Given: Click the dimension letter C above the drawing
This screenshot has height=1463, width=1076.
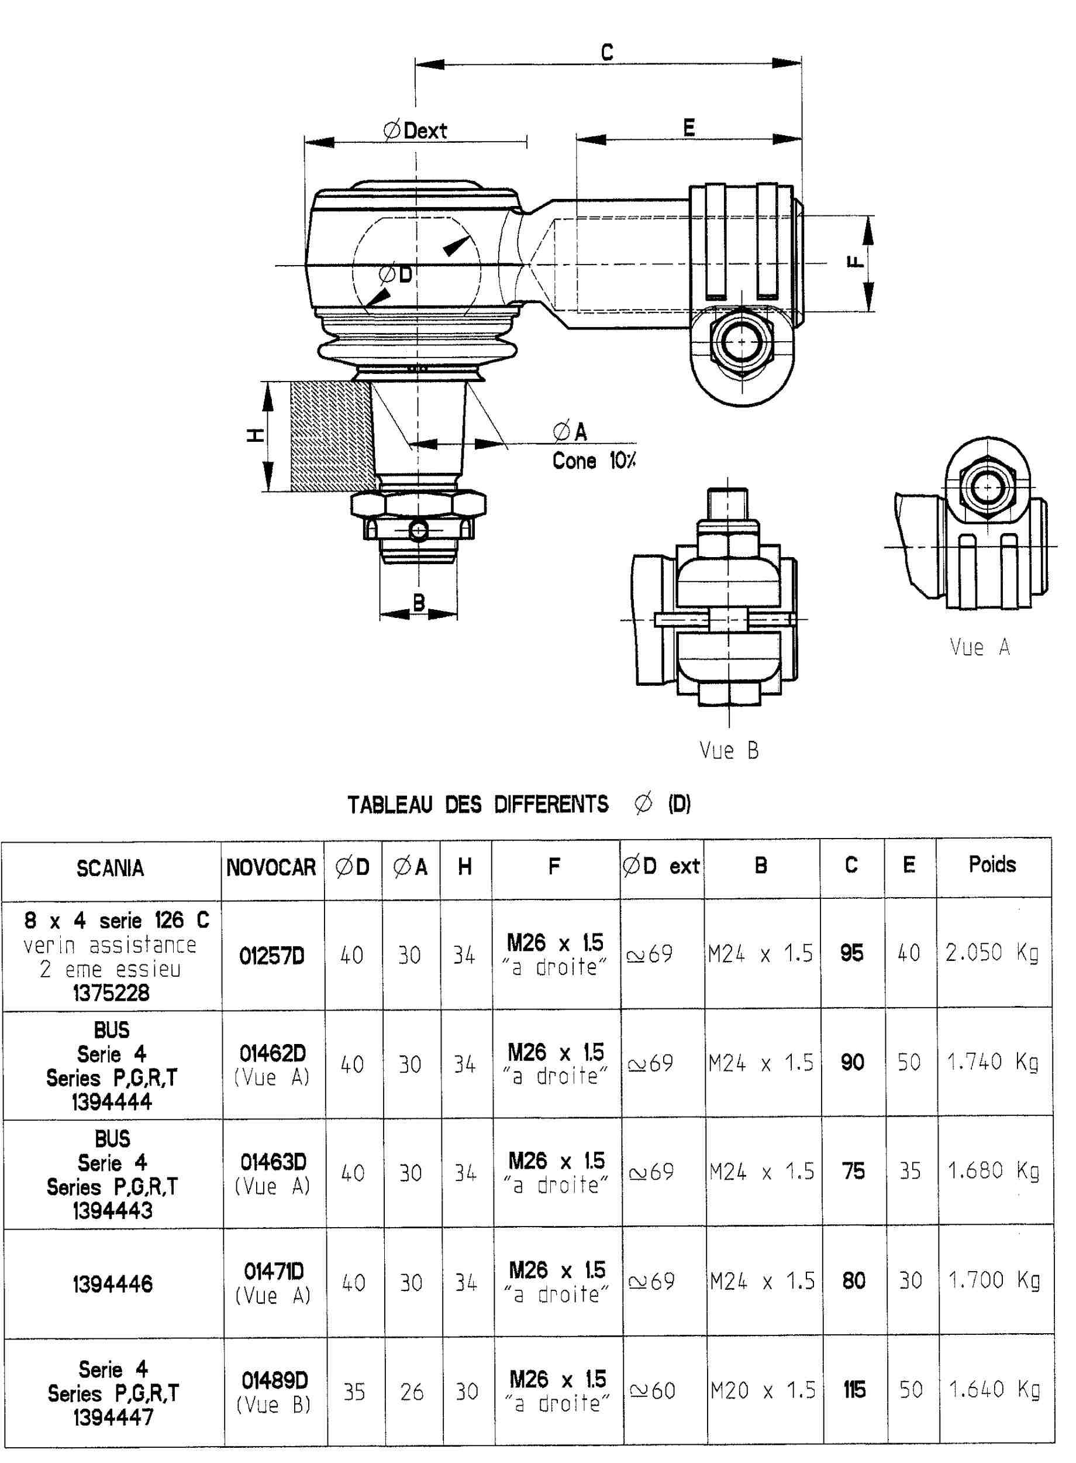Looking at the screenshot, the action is pos(606,51).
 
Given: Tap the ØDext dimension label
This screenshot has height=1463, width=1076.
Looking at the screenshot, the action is pos(416,130).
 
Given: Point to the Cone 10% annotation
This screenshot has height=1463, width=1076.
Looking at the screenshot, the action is pos(594,461).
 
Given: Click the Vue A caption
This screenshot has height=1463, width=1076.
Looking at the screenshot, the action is pos(980,647).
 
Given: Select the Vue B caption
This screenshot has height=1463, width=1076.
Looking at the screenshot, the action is pos(729,750).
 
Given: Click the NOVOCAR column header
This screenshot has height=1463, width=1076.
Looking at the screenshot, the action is pos(271,867).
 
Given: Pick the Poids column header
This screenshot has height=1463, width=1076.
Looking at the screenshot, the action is pos(992,864).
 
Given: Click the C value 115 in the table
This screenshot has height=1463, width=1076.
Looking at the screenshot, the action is pos(854,1390).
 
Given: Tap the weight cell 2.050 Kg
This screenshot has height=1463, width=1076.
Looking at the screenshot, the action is pos(992,953).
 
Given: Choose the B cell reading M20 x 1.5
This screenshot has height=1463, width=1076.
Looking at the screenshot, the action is pos(763,1390).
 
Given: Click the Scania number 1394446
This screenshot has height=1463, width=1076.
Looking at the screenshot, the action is pos(113,1284).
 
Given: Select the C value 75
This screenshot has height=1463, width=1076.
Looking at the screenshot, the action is pos(853,1171).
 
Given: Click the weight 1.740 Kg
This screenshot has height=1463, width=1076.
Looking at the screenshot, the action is pos(992,1062).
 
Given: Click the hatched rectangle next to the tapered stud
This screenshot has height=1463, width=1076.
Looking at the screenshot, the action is pos(332,436).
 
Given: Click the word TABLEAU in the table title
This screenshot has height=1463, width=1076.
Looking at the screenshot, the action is pos(389,804).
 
